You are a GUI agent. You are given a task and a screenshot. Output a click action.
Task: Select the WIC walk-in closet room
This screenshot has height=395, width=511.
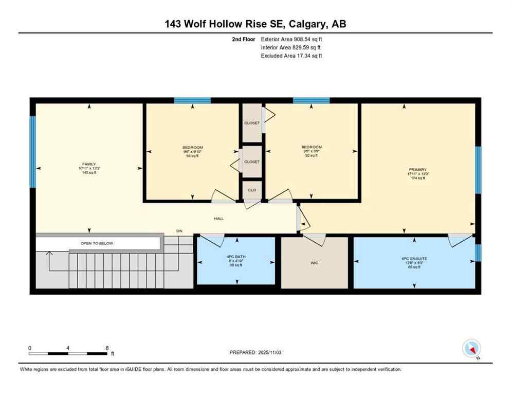point(314,263)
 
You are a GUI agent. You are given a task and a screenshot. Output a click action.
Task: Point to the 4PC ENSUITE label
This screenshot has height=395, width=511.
point(414,258)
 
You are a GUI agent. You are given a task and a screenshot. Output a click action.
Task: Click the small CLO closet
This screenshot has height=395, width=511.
point(252,190)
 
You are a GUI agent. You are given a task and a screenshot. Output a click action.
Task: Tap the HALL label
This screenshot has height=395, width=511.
point(219,219)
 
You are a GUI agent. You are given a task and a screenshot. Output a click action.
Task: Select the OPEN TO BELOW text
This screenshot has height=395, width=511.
point(97,243)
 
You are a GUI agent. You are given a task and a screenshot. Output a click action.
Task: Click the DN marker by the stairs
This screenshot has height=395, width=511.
point(179,231)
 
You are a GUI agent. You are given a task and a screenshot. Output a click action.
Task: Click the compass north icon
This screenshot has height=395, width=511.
point(471,348)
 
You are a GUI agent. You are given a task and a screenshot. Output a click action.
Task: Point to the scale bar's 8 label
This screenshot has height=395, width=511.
point(107,348)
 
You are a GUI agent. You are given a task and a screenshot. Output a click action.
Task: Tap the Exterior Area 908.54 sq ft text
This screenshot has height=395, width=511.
point(291,39)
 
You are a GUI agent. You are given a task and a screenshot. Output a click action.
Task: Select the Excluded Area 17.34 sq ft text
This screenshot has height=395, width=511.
point(291,56)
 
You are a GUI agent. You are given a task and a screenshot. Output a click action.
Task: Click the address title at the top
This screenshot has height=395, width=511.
point(255,24)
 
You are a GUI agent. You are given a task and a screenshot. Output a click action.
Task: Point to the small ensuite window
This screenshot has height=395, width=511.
point(478,253)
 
